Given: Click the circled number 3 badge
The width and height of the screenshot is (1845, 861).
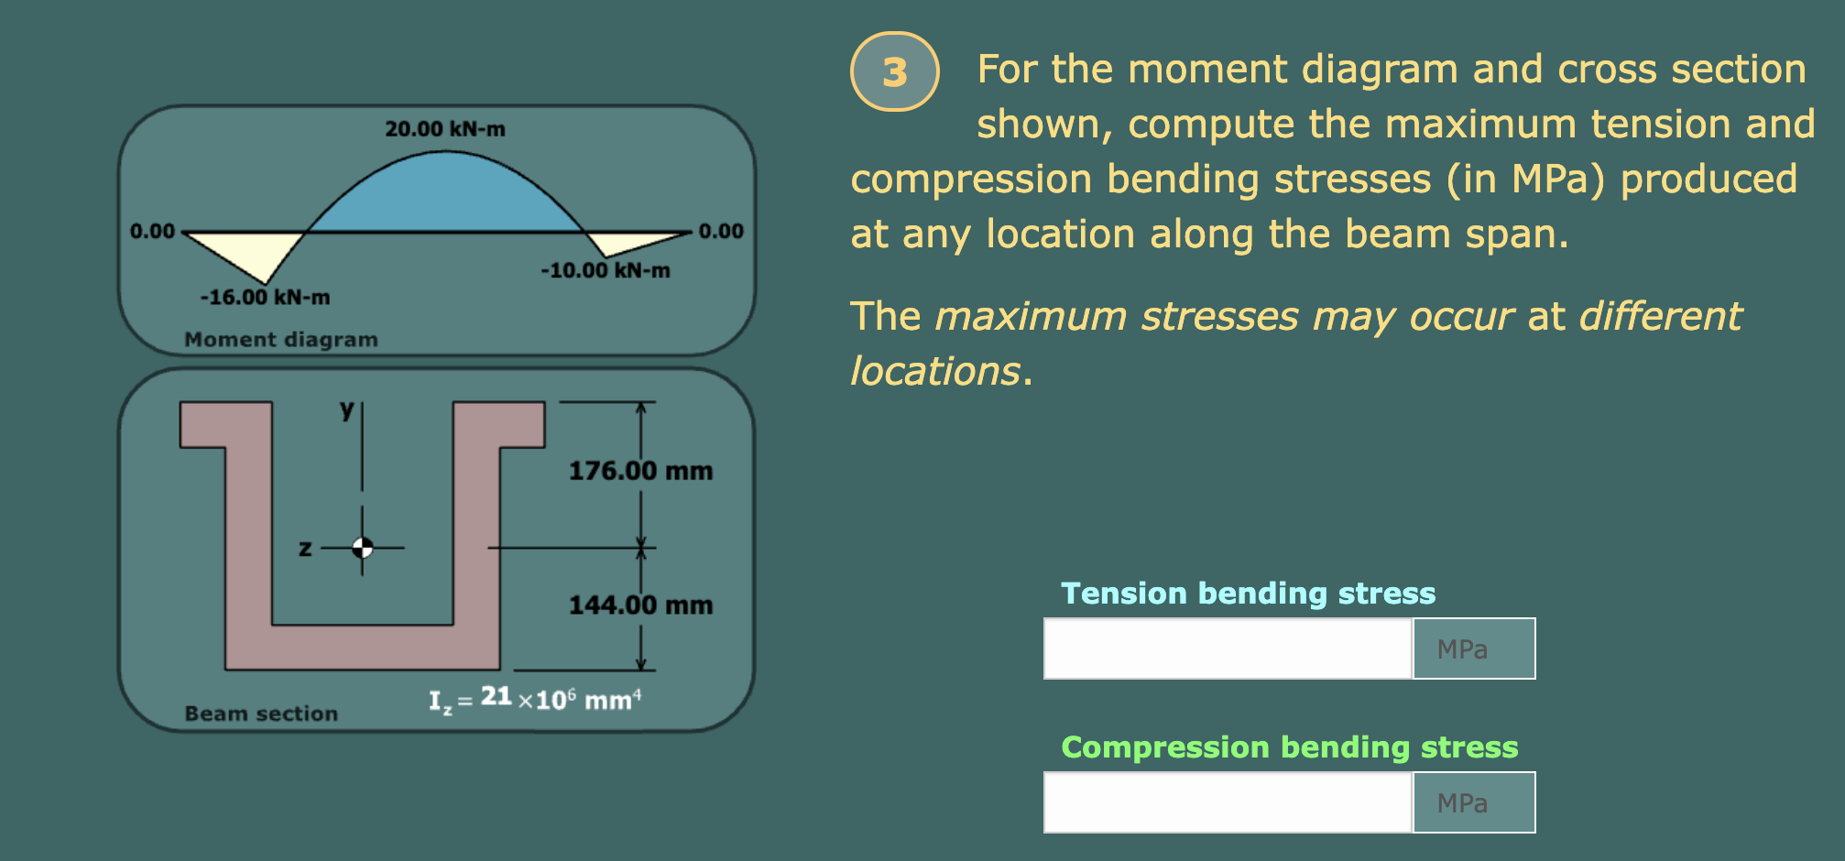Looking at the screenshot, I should (894, 71).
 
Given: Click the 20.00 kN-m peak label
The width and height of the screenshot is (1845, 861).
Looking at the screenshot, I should (444, 129).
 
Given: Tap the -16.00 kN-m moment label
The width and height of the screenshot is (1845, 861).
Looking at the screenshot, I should (265, 298).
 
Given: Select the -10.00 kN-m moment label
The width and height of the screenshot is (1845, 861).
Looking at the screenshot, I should (605, 271).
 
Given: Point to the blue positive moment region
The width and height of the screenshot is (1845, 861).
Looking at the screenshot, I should (444, 197).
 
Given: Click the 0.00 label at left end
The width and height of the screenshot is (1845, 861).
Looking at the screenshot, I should (152, 231).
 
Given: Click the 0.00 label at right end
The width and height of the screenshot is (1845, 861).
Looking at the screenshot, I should (721, 231).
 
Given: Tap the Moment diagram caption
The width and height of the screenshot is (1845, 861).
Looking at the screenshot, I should (280, 340).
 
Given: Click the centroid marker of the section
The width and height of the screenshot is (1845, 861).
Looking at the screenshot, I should (363, 548).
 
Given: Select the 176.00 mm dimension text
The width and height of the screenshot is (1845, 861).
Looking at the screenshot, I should (640, 471).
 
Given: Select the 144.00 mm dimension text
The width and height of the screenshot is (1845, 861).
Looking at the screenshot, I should (640, 605).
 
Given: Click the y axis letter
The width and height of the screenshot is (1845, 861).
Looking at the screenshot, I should (346, 409).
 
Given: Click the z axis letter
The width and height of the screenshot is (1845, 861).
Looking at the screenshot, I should (305, 549).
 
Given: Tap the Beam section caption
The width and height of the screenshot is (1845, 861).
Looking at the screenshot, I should (261, 714).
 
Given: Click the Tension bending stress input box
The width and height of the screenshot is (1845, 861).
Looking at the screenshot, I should (1228, 648).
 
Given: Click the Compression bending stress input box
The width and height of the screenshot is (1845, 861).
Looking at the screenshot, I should (1228, 802).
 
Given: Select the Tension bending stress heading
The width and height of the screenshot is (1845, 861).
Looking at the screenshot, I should (1248, 594).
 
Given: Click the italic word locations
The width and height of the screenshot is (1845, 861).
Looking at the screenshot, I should (934, 372).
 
